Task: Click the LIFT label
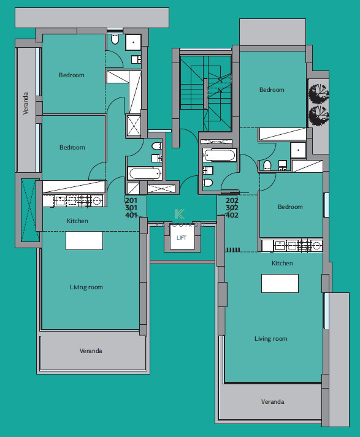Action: click(x=182, y=238)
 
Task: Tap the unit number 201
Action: click(x=131, y=200)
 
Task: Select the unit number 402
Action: click(x=232, y=215)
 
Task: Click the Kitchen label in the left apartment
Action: click(x=77, y=221)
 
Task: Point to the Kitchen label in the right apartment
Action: click(x=282, y=264)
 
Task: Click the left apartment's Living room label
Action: click(x=86, y=287)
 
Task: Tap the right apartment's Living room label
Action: click(x=271, y=339)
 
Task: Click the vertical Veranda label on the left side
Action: click(x=26, y=103)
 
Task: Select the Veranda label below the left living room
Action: click(x=91, y=351)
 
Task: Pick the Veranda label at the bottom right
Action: click(x=272, y=402)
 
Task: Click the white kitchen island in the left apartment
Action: click(x=84, y=240)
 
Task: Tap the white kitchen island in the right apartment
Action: click(x=280, y=283)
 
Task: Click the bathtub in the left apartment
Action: click(x=145, y=173)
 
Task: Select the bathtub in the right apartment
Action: click(x=220, y=155)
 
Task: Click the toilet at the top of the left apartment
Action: click(x=115, y=39)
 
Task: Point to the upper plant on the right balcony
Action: click(x=318, y=93)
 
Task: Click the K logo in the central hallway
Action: click(x=180, y=214)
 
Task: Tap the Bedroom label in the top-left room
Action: click(x=72, y=75)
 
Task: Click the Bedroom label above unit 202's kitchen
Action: click(x=290, y=207)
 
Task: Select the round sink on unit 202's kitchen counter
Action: click(x=316, y=246)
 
